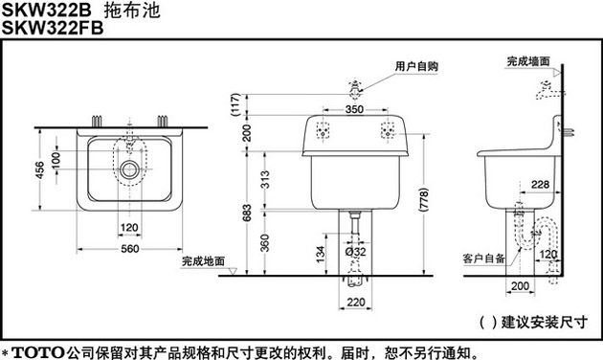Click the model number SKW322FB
tap(53, 28)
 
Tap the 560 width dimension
tap(130, 249)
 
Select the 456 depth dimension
tap(39, 170)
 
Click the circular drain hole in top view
tap(129, 169)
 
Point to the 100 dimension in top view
tap(56, 160)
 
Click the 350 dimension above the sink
tap(354, 109)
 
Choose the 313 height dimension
tap(265, 180)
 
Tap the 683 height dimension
tap(247, 213)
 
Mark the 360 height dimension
tap(265, 243)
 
